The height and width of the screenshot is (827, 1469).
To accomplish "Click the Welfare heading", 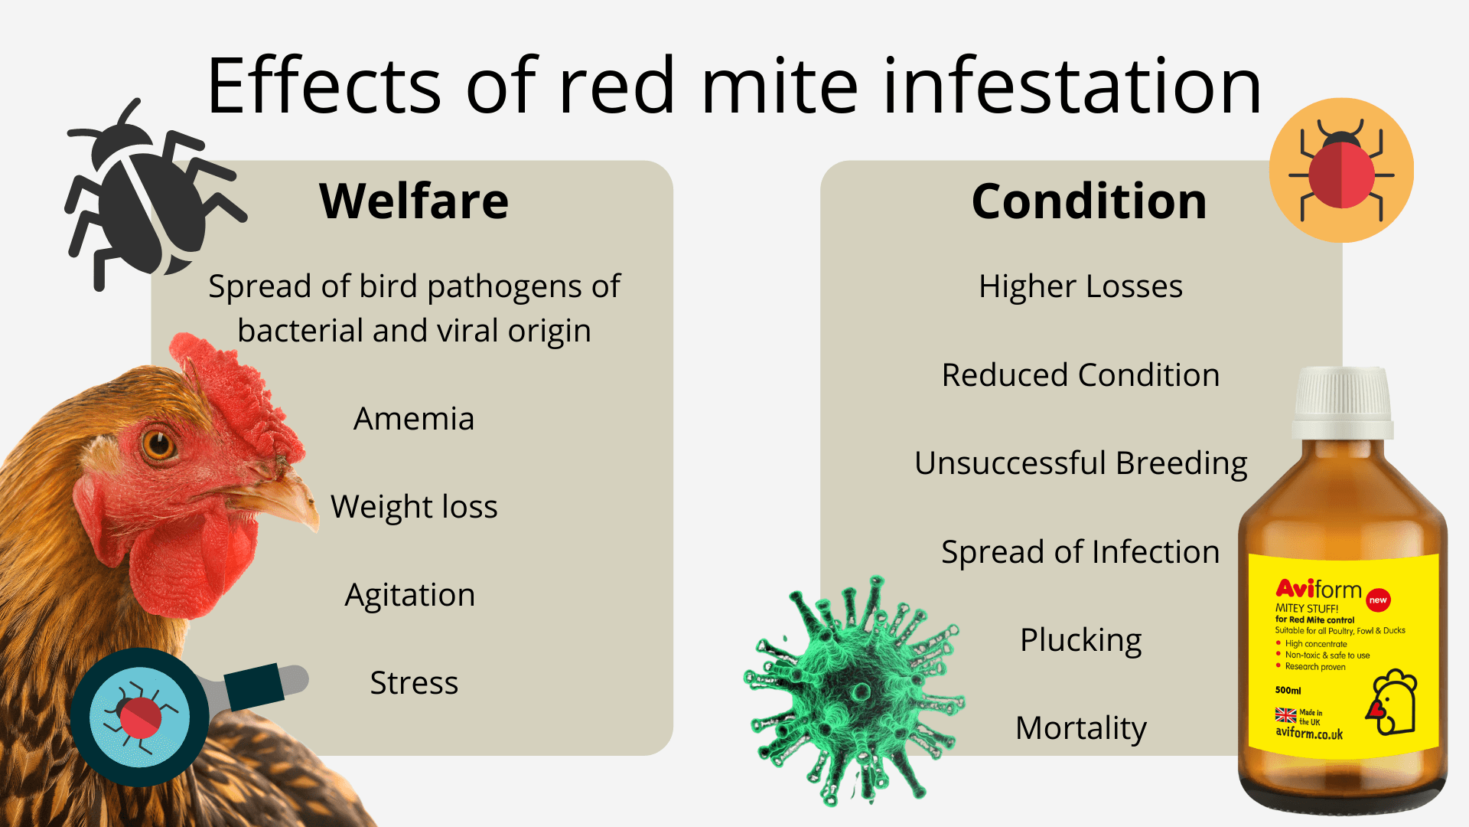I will pyautogui.click(x=414, y=201).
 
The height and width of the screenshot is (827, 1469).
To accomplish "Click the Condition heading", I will pyautogui.click(x=1089, y=201).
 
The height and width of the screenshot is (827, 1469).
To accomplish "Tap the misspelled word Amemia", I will pyautogui.click(x=414, y=419).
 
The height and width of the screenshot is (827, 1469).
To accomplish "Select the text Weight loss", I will pyautogui.click(x=414, y=507).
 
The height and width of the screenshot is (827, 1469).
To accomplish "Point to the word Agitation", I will pyautogui.click(x=410, y=595).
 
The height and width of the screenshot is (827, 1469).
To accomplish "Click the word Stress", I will pyautogui.click(x=414, y=683).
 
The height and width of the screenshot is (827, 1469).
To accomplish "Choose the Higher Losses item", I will pyautogui.click(x=1080, y=286).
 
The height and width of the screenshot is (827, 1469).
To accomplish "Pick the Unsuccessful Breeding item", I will pyautogui.click(x=1080, y=463).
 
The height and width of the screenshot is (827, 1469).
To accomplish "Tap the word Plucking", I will pyautogui.click(x=1080, y=640).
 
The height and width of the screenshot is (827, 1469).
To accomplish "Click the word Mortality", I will pyautogui.click(x=1080, y=728).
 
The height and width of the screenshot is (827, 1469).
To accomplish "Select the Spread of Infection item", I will pyautogui.click(x=1080, y=552).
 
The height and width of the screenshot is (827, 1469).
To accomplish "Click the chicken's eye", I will pyautogui.click(x=159, y=443).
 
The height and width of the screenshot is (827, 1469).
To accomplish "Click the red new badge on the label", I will pyautogui.click(x=1378, y=600).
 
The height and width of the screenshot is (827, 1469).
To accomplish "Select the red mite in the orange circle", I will pyautogui.click(x=1341, y=171).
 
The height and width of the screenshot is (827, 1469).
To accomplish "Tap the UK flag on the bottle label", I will pyautogui.click(x=1285, y=715).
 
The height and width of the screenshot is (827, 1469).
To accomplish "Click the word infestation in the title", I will pyautogui.click(x=1071, y=86).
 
